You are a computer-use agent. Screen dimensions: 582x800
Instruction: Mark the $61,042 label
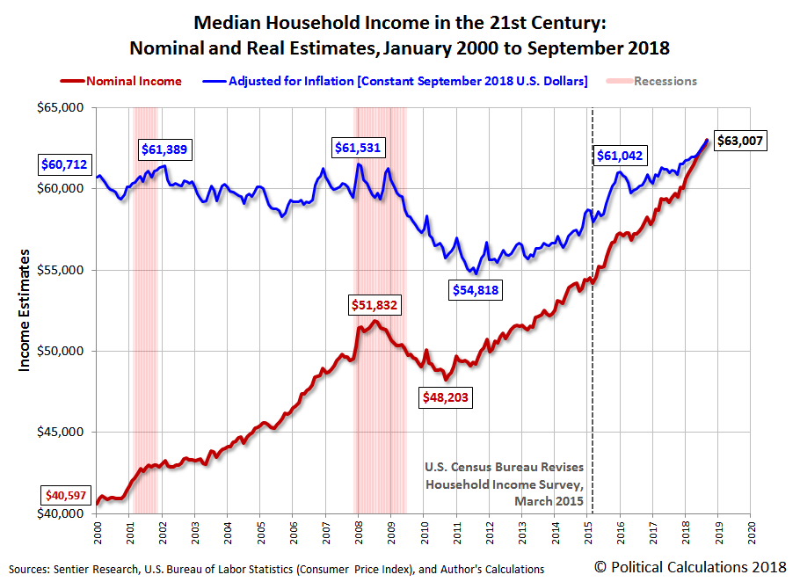620,156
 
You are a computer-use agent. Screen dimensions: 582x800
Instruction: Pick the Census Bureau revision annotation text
503,484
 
